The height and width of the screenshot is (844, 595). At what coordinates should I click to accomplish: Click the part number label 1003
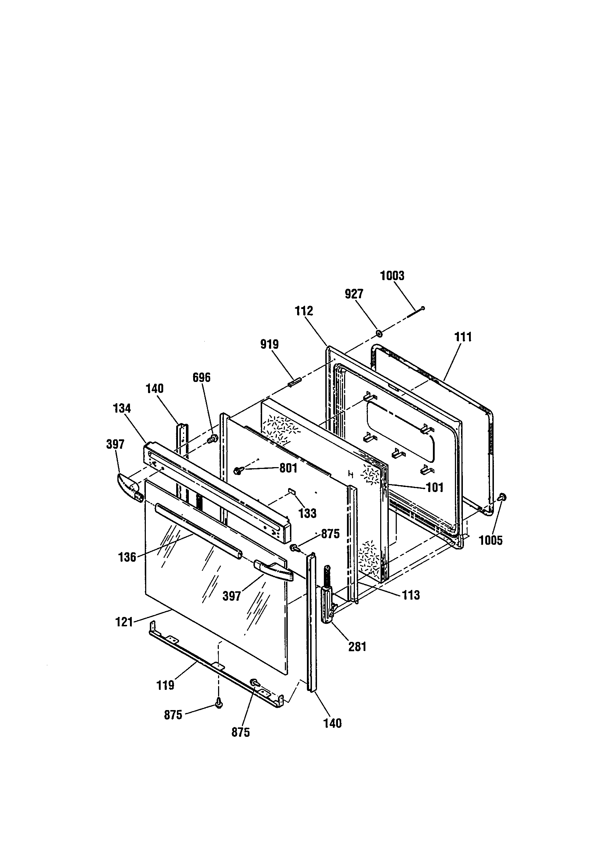click(392, 276)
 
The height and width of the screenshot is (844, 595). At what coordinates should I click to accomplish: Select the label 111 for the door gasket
click(463, 337)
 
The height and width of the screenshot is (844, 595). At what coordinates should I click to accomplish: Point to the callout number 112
click(304, 311)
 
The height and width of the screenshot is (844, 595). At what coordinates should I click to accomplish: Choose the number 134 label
click(122, 408)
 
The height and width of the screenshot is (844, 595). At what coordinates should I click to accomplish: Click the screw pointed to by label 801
click(238, 470)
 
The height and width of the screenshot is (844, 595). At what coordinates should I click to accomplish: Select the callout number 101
click(435, 488)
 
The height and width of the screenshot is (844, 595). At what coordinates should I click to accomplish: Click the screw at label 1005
click(501, 497)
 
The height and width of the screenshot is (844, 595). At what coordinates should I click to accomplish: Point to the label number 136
click(127, 557)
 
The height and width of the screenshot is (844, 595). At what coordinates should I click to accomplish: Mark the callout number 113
click(411, 595)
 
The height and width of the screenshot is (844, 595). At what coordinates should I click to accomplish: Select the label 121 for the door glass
click(124, 622)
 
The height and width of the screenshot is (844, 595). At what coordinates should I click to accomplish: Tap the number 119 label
click(165, 685)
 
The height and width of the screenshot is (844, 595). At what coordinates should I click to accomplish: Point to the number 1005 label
click(491, 540)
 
